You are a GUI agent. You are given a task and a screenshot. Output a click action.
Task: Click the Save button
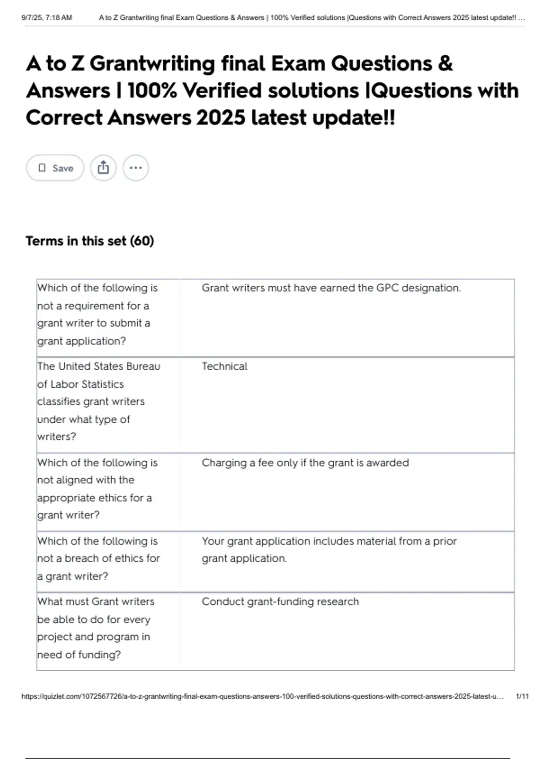55,168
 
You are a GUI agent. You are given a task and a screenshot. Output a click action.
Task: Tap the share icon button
103,168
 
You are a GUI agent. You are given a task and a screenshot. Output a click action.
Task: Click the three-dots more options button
135,168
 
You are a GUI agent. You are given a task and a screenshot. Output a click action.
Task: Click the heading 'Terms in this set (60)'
90,241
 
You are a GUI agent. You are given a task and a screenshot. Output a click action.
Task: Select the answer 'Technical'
224,367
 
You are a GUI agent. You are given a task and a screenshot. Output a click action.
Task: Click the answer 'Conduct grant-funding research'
280,602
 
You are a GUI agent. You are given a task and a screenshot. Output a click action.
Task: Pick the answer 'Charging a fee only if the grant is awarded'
305,463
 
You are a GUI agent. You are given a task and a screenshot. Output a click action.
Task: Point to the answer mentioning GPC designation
331,288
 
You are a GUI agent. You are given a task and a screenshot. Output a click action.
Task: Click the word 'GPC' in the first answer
387,288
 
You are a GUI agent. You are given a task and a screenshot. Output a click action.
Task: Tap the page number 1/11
522,696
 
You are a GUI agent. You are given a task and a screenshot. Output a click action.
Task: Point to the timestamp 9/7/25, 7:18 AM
47,18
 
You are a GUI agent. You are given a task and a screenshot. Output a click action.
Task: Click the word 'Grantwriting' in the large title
152,63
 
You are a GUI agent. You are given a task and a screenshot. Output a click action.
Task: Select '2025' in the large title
220,118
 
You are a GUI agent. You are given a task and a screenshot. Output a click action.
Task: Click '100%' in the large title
152,91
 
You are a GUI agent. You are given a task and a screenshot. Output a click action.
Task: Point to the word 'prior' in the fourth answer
444,541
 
